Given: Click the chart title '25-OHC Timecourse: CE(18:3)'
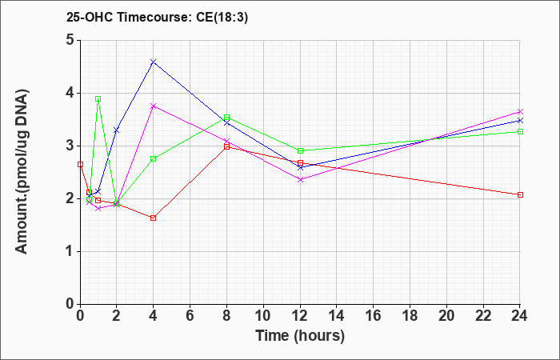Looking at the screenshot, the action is (x=157, y=18).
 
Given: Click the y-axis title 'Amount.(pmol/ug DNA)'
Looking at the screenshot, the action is (x=22, y=172).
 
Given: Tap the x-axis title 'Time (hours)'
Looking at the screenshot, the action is (x=300, y=336).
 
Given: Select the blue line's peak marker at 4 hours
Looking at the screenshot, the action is (x=154, y=62).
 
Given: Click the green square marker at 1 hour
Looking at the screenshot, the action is (x=98, y=98).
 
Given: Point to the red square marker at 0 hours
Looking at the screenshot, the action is (x=80, y=164).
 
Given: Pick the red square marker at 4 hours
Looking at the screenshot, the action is (x=154, y=218).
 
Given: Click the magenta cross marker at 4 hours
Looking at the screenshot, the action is (x=154, y=106).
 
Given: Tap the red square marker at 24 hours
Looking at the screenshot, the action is (x=520, y=194).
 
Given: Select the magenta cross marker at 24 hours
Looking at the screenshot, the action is (x=520, y=112).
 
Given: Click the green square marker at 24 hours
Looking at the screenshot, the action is (x=520, y=131).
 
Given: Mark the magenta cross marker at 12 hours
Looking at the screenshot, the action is (x=300, y=180).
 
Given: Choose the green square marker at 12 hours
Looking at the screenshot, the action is (x=300, y=150).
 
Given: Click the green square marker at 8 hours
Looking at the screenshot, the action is (x=226, y=117).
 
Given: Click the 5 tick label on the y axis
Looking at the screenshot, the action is (x=70, y=40).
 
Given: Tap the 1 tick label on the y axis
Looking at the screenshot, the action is (x=70, y=251).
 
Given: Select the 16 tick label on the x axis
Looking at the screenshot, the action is (x=374, y=316).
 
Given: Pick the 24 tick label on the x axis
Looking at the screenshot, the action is (x=520, y=316).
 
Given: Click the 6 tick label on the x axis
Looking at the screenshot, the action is (x=190, y=316).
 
